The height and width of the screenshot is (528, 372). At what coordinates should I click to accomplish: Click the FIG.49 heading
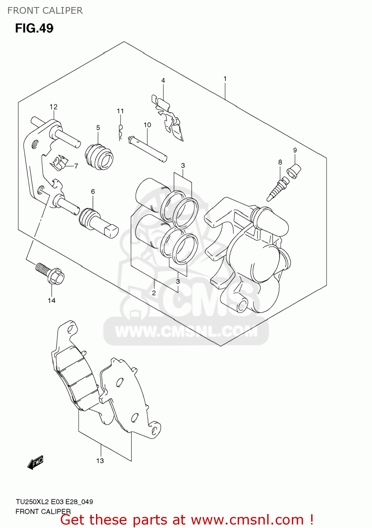pyautogui.click(x=34, y=28)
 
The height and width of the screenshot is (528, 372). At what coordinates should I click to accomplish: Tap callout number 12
pyautogui.click(x=53, y=107)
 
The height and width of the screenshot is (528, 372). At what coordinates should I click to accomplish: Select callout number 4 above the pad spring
pyautogui.click(x=163, y=81)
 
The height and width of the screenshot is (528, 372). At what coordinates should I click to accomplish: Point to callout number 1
pyautogui.click(x=225, y=78)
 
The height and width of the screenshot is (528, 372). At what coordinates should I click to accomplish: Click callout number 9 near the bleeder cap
pyautogui.click(x=295, y=150)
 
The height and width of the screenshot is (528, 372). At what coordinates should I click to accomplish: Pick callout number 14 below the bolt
pyautogui.click(x=52, y=300)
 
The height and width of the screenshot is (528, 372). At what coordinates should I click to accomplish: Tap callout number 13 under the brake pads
pyautogui.click(x=100, y=460)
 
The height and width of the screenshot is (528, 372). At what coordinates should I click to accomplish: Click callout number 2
pyautogui.click(x=154, y=293)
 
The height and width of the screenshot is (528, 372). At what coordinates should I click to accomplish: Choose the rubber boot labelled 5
pyautogui.click(x=99, y=157)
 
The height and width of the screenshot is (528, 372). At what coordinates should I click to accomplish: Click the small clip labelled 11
pyautogui.click(x=121, y=132)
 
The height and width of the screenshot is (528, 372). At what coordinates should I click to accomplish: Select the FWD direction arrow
pyautogui.click(x=36, y=462)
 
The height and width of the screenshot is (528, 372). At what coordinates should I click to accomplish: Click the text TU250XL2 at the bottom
pyautogui.click(x=32, y=502)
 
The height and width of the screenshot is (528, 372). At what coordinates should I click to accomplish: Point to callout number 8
pyautogui.click(x=280, y=162)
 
